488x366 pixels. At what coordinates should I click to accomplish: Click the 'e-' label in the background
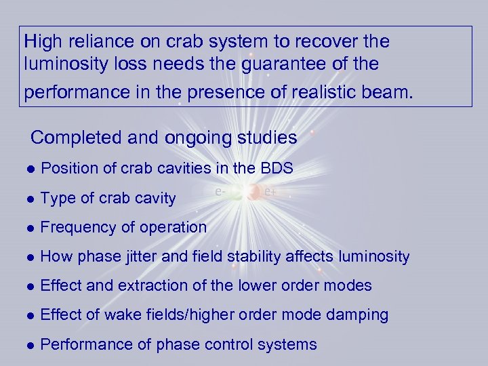(x=220, y=192)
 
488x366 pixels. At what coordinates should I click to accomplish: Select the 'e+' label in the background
(x=270, y=192)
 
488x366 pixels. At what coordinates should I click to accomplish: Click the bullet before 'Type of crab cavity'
(x=28, y=199)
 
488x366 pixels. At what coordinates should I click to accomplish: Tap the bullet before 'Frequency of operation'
(x=28, y=228)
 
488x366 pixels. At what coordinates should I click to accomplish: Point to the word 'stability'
(x=264, y=256)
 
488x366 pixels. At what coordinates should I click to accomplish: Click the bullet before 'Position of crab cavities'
(x=28, y=169)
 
